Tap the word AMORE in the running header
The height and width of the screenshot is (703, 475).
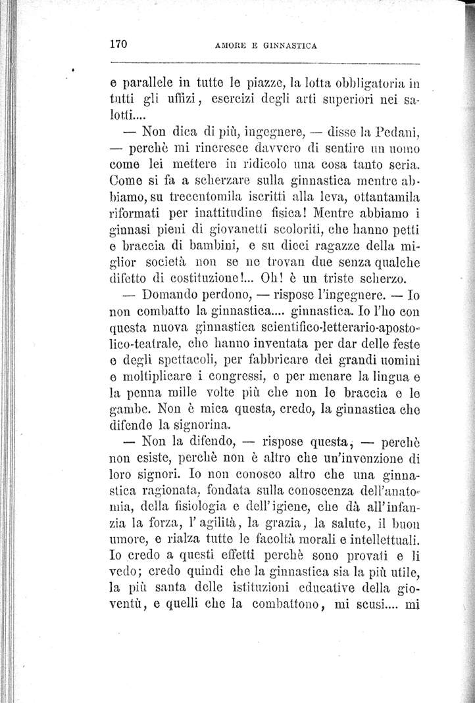coord(233,46)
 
